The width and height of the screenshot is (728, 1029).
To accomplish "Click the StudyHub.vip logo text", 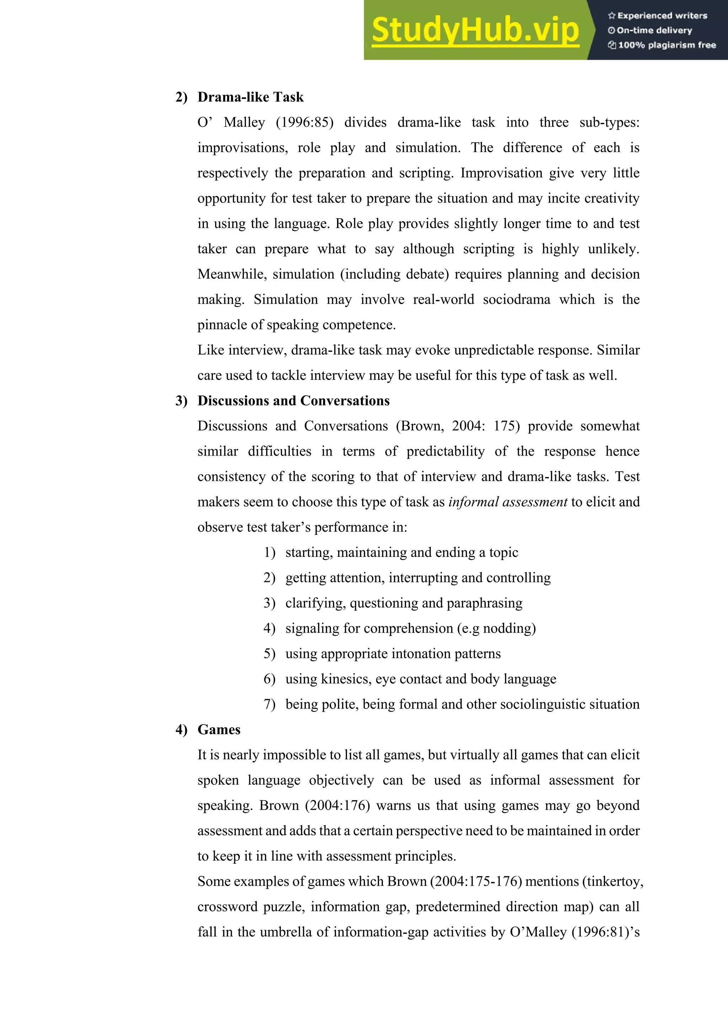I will pyautogui.click(x=475, y=31).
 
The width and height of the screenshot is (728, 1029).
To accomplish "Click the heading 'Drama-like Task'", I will pyautogui.click(x=250, y=97).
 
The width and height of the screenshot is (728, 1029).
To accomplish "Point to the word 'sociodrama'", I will pyautogui.click(x=516, y=300).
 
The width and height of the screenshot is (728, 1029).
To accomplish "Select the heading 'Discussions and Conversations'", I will pyautogui.click(x=293, y=401).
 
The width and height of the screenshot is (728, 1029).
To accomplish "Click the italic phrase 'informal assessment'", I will pyautogui.click(x=508, y=502).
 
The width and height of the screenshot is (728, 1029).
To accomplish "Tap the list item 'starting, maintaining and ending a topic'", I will pyautogui.click(x=401, y=553).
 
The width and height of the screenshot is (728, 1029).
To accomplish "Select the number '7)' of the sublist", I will pyautogui.click(x=269, y=705).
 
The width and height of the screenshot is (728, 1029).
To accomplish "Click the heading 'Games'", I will pyautogui.click(x=219, y=729).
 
